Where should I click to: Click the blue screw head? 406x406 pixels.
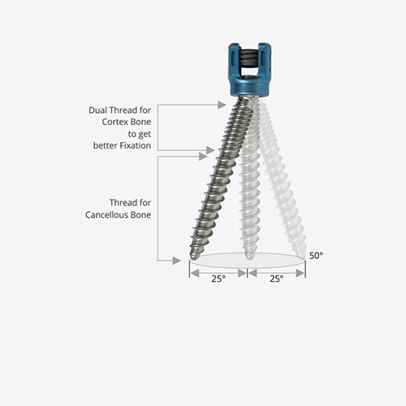click(x=250, y=70)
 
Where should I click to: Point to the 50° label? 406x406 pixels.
click(x=316, y=256)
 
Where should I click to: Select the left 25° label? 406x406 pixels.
click(x=218, y=279)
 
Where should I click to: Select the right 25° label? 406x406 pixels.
click(x=276, y=279)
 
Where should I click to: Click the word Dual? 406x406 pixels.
click(x=97, y=110)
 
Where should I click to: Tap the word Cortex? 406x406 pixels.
click(x=113, y=122)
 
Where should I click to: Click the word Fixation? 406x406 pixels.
click(x=136, y=145)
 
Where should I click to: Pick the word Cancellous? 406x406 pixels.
click(x=107, y=215)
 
